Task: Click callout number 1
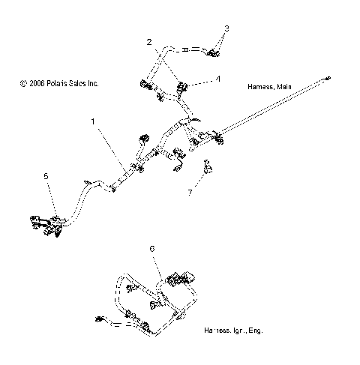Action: [x=93, y=121]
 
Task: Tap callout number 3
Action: [x=228, y=28]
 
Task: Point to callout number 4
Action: [x=217, y=77]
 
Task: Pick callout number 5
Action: [x=46, y=176]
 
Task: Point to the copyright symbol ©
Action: [x=24, y=83]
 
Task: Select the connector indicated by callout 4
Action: [x=181, y=90]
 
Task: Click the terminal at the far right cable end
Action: [x=327, y=77]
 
